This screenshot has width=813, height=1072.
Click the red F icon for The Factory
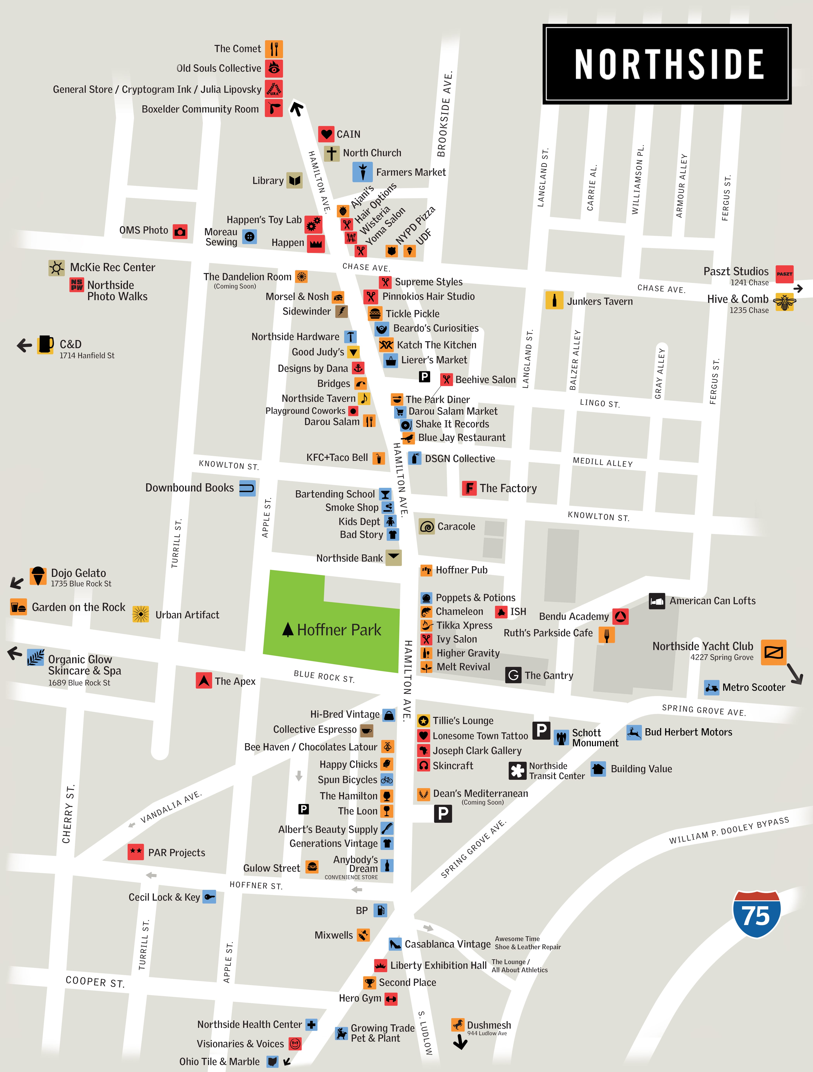click(469, 488)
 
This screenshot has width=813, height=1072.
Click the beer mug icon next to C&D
click(45, 344)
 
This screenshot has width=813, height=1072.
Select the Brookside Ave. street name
click(445, 114)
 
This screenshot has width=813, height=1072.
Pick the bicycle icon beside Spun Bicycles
click(387, 780)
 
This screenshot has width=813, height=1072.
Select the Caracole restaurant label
click(456, 526)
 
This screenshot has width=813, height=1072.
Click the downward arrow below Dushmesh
click(460, 1042)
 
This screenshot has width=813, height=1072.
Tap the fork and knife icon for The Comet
click(274, 49)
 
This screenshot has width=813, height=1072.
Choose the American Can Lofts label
click(712, 601)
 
